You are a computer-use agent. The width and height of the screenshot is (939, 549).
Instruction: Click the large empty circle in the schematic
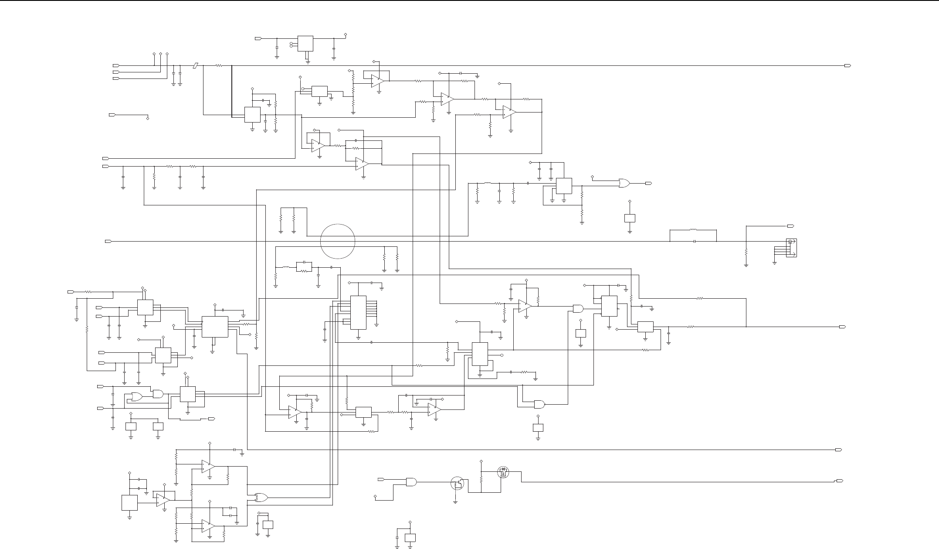338,241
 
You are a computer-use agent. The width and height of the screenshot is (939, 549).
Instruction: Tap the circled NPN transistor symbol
457,483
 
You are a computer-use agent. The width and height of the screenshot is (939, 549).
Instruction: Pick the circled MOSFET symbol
503,472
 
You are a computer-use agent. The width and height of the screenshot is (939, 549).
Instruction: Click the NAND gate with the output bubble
539,404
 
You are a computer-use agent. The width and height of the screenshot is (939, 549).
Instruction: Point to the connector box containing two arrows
791,248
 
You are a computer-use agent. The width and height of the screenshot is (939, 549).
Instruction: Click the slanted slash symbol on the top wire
196,65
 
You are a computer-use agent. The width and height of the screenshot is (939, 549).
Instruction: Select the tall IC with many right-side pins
359,312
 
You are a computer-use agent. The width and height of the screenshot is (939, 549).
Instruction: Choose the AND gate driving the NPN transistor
411,482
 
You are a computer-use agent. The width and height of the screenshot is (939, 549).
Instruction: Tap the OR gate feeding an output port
624,184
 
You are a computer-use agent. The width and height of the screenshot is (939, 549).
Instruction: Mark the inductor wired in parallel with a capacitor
693,229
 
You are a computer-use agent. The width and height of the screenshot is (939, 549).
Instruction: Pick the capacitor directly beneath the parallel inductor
693,241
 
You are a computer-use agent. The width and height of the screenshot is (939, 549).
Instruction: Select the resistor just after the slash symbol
219,65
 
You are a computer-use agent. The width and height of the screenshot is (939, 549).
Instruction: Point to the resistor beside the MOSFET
481,478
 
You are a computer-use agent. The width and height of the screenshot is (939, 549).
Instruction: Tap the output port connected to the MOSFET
839,481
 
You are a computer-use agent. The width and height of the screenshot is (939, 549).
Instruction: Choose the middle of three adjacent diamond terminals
161,54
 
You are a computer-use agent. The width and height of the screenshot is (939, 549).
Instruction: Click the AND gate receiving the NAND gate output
578,309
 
